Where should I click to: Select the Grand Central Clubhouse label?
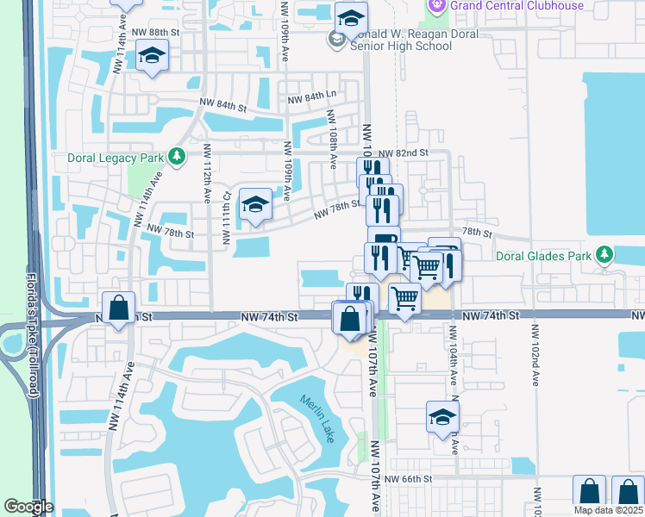click(516, 5)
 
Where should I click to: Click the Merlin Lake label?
click(317, 418)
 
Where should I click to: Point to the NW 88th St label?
click(155, 32)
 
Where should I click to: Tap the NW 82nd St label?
click(409, 153)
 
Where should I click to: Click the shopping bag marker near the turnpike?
click(118, 307)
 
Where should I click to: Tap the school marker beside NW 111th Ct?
click(255, 204)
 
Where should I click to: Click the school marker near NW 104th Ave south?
click(442, 418)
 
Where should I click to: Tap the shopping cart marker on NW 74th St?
click(404, 299)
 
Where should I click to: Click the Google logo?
click(29, 507)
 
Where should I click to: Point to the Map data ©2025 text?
click(608, 510)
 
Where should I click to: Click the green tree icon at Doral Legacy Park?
click(177, 156)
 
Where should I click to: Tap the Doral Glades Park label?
click(544, 256)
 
